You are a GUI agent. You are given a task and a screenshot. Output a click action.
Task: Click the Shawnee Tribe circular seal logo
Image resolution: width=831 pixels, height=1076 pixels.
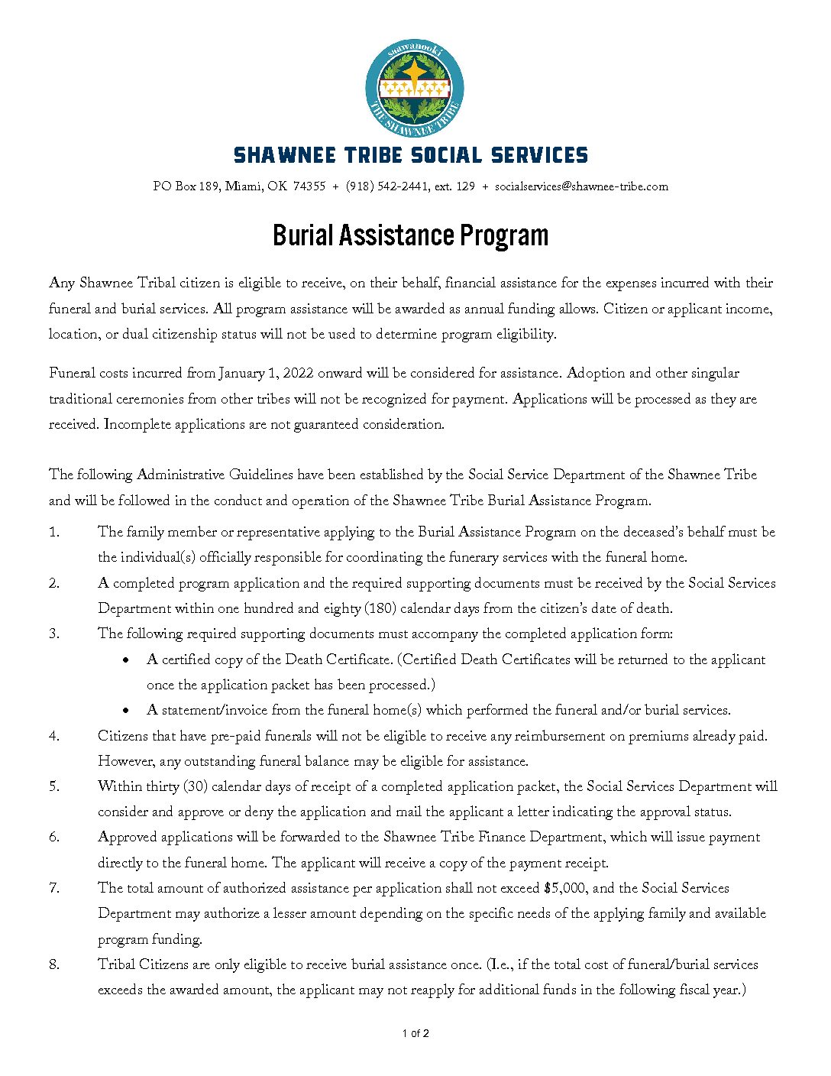tap(415, 89)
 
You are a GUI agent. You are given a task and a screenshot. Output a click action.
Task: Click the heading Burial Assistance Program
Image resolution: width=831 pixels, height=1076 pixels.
tap(411, 235)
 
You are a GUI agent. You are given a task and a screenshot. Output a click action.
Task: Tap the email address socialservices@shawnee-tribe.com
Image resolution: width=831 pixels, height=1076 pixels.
tap(581, 186)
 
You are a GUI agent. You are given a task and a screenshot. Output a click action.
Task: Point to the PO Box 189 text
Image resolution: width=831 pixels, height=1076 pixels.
tap(186, 186)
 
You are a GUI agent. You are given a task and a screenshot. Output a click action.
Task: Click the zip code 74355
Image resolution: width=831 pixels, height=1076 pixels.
tap(309, 186)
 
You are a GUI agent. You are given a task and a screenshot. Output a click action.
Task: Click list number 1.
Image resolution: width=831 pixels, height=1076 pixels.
tap(54, 533)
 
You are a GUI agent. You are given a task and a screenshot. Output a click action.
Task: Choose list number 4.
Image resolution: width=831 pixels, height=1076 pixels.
tap(54, 736)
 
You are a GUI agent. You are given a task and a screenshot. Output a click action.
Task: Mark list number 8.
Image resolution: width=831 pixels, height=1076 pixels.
tap(54, 964)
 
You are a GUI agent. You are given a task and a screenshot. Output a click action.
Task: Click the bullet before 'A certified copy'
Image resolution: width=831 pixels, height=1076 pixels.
tap(125, 660)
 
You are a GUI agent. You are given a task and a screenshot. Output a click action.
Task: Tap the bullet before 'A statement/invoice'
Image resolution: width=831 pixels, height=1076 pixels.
tap(125, 711)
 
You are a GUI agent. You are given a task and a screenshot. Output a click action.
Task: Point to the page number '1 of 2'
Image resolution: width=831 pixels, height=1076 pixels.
tap(415, 1034)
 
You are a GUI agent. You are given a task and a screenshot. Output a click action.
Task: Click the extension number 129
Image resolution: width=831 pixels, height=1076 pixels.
tap(465, 186)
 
